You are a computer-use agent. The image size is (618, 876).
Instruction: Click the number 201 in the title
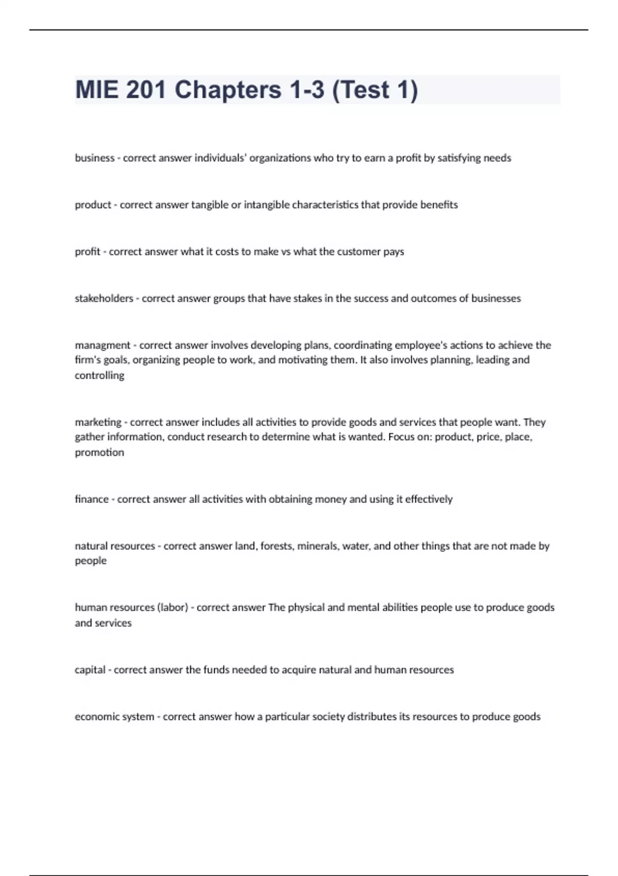click(146, 90)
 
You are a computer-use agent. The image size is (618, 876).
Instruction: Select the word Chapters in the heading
click(228, 90)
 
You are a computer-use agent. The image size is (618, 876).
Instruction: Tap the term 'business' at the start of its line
click(95, 158)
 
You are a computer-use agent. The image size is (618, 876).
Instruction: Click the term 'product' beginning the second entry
click(93, 205)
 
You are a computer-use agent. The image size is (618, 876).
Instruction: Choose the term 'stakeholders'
click(104, 298)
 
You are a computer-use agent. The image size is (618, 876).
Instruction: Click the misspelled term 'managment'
click(102, 345)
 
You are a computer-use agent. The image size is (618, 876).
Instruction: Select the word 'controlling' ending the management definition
click(99, 376)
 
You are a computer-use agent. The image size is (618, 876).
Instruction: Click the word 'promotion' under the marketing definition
click(99, 452)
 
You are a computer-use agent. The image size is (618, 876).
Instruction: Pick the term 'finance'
click(92, 499)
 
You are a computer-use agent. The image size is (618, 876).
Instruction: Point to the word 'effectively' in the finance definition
click(429, 499)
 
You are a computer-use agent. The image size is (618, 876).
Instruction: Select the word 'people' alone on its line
click(91, 561)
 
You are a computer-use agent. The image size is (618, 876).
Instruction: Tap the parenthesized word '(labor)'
click(172, 608)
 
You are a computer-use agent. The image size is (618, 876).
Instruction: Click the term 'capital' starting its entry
click(90, 670)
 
